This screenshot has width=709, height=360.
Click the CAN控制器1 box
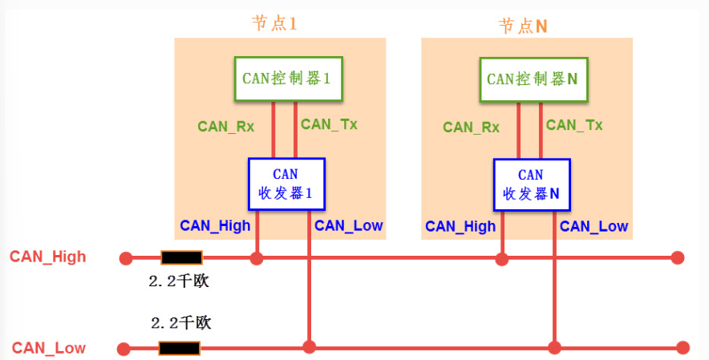point(288,79)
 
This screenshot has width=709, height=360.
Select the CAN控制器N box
point(533,79)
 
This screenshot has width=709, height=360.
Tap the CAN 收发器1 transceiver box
point(286,184)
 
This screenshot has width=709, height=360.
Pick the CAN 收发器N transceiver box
point(531,184)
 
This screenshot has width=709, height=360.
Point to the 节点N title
point(523,26)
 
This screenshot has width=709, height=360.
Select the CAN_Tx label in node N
point(574,125)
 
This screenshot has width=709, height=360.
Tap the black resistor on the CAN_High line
point(181,258)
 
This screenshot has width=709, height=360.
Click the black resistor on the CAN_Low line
point(179,348)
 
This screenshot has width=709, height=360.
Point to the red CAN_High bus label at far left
point(48,257)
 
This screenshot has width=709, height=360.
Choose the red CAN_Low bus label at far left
point(49,348)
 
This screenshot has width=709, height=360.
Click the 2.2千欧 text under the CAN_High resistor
point(179,281)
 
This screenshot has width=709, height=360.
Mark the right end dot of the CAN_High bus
point(677,258)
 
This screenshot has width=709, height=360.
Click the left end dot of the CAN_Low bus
point(124,349)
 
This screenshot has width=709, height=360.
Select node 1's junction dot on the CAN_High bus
point(257,258)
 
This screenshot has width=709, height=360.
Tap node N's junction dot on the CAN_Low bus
point(554,348)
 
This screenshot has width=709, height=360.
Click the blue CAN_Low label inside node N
point(594,226)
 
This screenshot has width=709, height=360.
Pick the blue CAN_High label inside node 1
point(215,226)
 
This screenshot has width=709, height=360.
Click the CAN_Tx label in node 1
point(329,125)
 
